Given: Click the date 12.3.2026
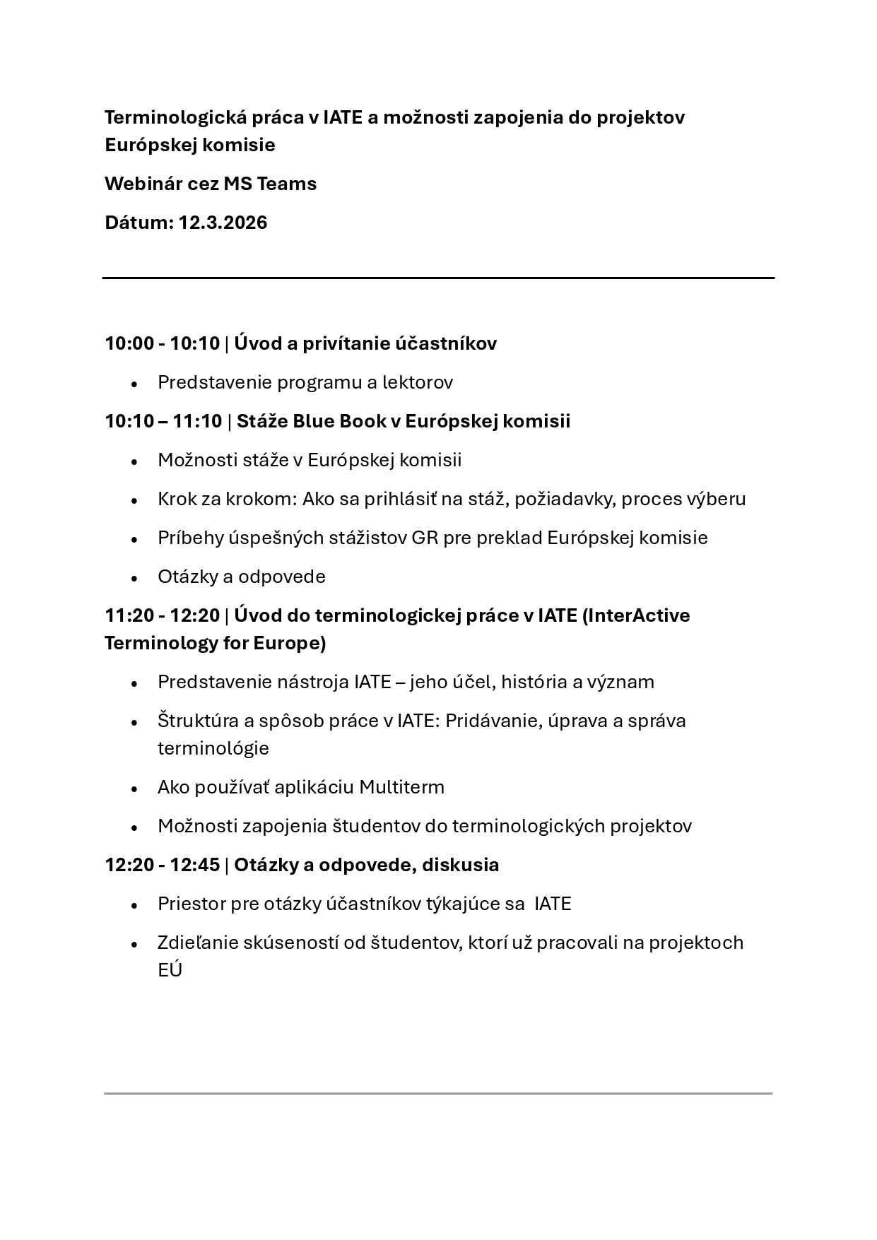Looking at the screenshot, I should [223, 223].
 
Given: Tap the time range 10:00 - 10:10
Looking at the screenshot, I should [162, 343].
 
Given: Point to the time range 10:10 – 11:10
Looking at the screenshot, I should [163, 421].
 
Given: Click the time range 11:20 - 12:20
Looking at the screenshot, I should [162, 615].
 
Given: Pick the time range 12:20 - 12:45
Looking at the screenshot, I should [162, 865].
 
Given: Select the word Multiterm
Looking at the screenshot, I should [401, 787].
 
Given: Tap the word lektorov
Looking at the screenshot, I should [417, 382].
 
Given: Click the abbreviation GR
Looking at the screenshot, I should [419, 538].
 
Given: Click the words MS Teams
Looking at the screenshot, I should [270, 184].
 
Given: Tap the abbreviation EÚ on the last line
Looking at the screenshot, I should [170, 970].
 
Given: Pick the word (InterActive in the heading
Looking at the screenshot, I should [635, 615].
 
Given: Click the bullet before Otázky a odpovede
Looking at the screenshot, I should [134, 578].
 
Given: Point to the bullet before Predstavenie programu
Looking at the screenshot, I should [134, 384].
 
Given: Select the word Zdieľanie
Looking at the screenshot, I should [197, 943].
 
